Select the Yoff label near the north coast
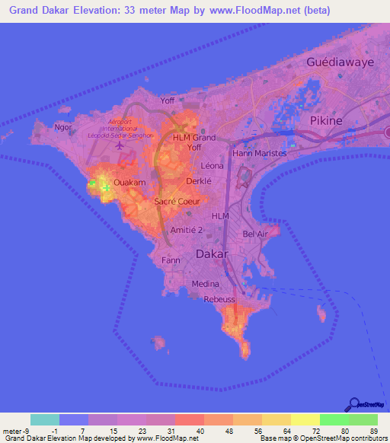point(168,100)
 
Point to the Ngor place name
point(63,127)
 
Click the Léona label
point(212,164)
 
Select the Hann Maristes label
point(259,153)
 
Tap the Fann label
point(170,260)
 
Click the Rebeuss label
point(220,300)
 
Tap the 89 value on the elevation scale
point(374,432)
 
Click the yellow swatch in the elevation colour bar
point(305,419)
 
